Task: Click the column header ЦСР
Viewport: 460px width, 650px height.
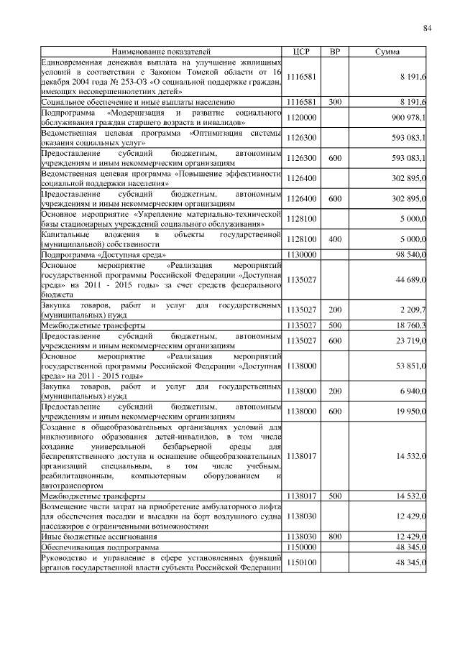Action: (x=302, y=52)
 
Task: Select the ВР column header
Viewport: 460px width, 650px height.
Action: (x=334, y=52)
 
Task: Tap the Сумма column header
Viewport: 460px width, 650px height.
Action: (x=388, y=52)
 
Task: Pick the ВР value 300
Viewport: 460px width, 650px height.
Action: (x=334, y=103)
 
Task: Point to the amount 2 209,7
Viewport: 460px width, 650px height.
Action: (x=414, y=310)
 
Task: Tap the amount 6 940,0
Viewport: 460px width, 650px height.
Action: (x=414, y=390)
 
